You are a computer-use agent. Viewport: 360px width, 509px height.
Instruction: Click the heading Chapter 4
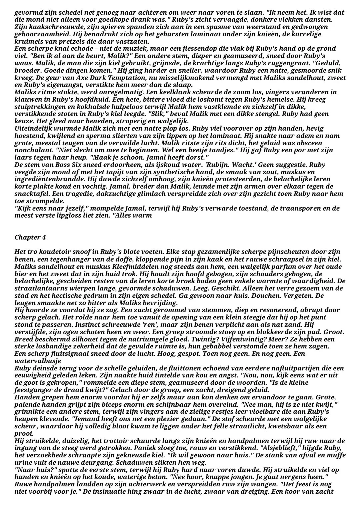point(30,238)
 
